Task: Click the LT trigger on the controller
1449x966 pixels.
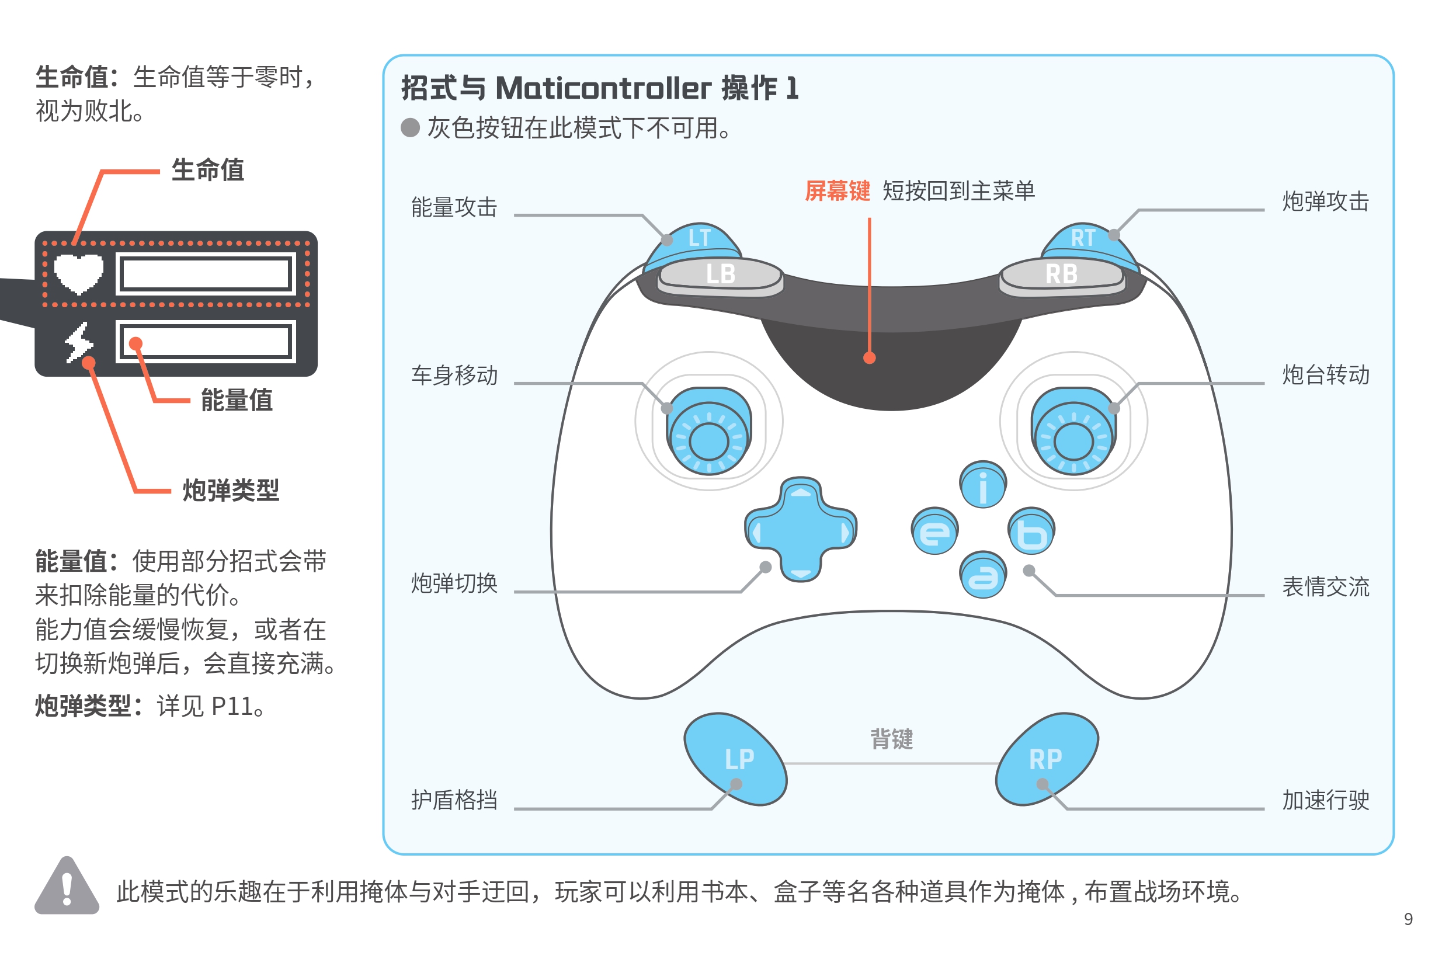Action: coord(699,238)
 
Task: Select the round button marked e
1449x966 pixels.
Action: coord(934,531)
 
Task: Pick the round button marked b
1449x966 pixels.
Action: coord(1031,531)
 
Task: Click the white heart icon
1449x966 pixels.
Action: coord(78,273)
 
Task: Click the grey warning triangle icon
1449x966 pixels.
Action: coord(67,887)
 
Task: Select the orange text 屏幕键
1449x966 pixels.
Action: coord(838,191)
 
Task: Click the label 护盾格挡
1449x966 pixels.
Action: coord(454,800)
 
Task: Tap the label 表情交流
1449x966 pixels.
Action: coord(1325,587)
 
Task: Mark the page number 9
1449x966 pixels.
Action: coord(1408,919)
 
